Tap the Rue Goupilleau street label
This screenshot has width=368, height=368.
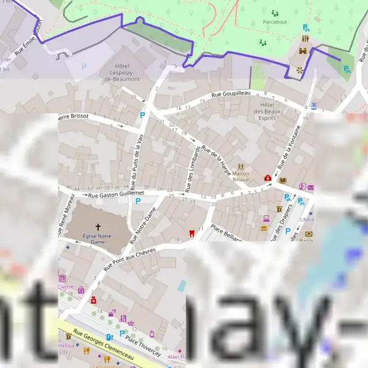[231, 94]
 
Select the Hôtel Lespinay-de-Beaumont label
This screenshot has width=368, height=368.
[127, 72]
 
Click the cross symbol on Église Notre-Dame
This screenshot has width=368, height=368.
[98, 227]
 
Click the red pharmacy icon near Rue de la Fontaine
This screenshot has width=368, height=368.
[268, 178]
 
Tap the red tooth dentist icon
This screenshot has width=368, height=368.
[192, 232]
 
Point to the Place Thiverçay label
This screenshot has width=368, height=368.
[142, 345]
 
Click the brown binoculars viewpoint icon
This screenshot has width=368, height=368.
[303, 52]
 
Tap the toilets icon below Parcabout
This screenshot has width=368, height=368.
[305, 39]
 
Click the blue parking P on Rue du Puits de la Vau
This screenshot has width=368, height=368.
[142, 115]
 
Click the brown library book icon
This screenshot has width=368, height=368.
[282, 180]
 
